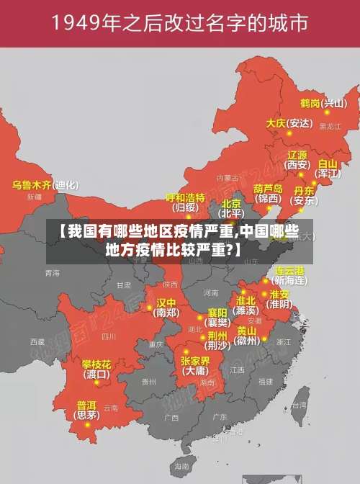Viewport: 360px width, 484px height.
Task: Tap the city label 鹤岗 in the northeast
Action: pos(310,103)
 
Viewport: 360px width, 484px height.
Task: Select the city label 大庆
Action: pos(276,123)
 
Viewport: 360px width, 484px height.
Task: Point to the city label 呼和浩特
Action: pos(186,197)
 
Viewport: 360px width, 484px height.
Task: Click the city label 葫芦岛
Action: pos(269,188)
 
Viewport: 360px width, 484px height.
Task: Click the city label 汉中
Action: pos(166,302)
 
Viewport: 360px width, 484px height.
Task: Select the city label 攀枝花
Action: pos(96,364)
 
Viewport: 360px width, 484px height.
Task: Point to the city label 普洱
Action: pos(86,405)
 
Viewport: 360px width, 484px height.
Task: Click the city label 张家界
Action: pos(195,360)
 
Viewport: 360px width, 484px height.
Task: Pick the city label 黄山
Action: pos(246,331)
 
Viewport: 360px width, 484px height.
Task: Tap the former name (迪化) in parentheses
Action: pos(67,185)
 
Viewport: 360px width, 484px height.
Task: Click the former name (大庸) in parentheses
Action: pos(195,372)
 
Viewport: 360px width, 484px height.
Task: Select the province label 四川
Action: pos(109,336)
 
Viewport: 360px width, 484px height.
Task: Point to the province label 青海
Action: pos(52,273)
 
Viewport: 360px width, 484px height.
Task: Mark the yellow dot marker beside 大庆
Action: pos(289,133)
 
